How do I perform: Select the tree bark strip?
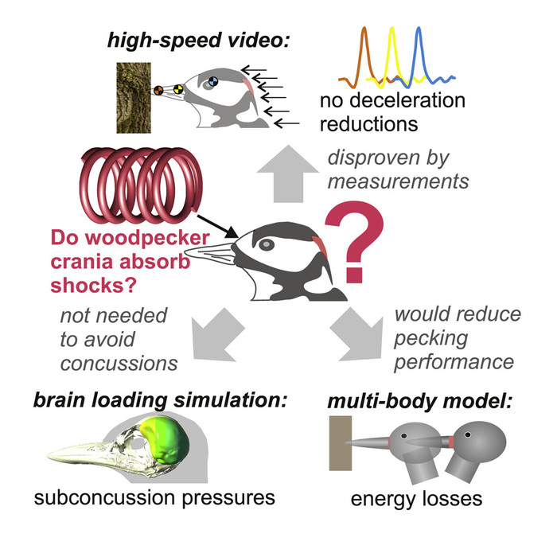tap(134, 98)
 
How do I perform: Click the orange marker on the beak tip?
tap(158, 90)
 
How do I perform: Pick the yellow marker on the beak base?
tap(178, 89)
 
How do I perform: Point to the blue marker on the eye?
tap(213, 81)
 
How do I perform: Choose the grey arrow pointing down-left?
tap(216, 336)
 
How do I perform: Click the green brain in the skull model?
tap(167, 441)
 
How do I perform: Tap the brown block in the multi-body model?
tap(341, 443)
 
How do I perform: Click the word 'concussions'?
tap(119, 364)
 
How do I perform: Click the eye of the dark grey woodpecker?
tap(267, 244)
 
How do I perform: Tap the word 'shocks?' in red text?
tap(93, 285)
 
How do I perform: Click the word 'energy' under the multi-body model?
tap(380, 500)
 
